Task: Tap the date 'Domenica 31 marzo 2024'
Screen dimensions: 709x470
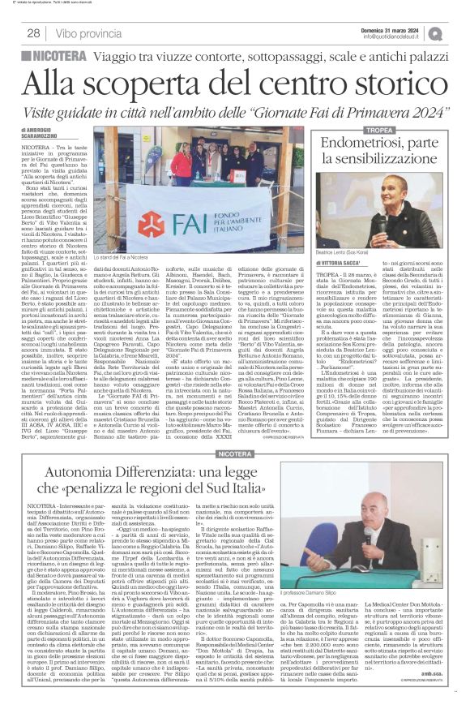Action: tap(396, 28)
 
